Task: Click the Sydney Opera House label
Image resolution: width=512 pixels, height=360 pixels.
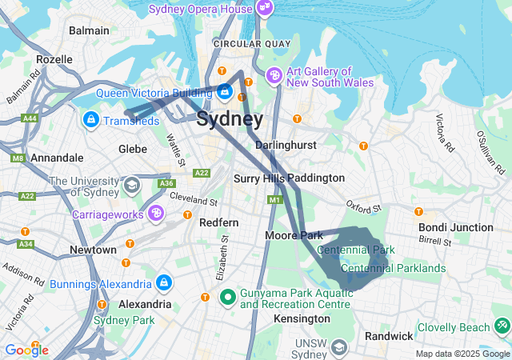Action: point(202,9)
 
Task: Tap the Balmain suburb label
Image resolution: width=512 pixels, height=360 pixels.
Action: point(89,30)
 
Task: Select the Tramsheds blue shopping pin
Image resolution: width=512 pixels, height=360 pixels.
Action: point(90,120)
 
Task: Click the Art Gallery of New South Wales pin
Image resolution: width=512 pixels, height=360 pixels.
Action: point(274,75)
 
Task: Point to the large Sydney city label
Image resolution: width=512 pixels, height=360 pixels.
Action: point(230,120)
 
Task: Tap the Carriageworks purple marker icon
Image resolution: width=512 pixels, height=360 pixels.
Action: point(156,214)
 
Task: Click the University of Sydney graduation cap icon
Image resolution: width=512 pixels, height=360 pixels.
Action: point(130,186)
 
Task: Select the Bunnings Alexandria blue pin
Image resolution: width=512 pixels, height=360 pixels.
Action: point(164,283)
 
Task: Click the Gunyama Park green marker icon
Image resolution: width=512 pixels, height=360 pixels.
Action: point(227,297)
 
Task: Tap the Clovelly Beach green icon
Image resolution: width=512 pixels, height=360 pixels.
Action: point(502,326)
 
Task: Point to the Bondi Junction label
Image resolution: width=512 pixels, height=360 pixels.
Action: point(456,227)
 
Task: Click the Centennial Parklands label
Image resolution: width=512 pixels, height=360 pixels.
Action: point(393,267)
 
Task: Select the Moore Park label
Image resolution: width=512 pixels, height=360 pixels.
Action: point(294,235)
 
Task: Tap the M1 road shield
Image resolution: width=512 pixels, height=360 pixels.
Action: point(275,199)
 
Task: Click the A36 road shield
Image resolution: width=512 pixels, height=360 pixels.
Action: point(166,183)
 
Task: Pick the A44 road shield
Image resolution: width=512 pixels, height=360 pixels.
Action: point(30,118)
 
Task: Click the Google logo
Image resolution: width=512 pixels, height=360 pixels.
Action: point(26,350)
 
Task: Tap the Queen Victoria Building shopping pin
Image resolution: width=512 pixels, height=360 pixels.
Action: point(226,94)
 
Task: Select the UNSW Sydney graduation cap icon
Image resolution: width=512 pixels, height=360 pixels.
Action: point(339,348)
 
